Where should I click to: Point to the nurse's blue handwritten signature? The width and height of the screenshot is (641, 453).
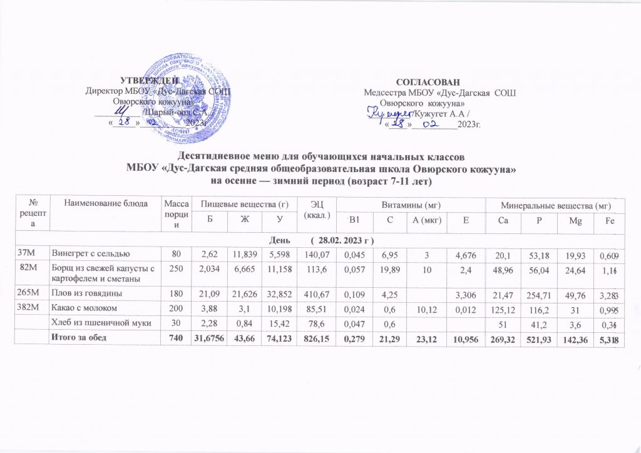click(x=388, y=113)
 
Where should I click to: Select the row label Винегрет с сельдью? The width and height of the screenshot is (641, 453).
click(x=90, y=253)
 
